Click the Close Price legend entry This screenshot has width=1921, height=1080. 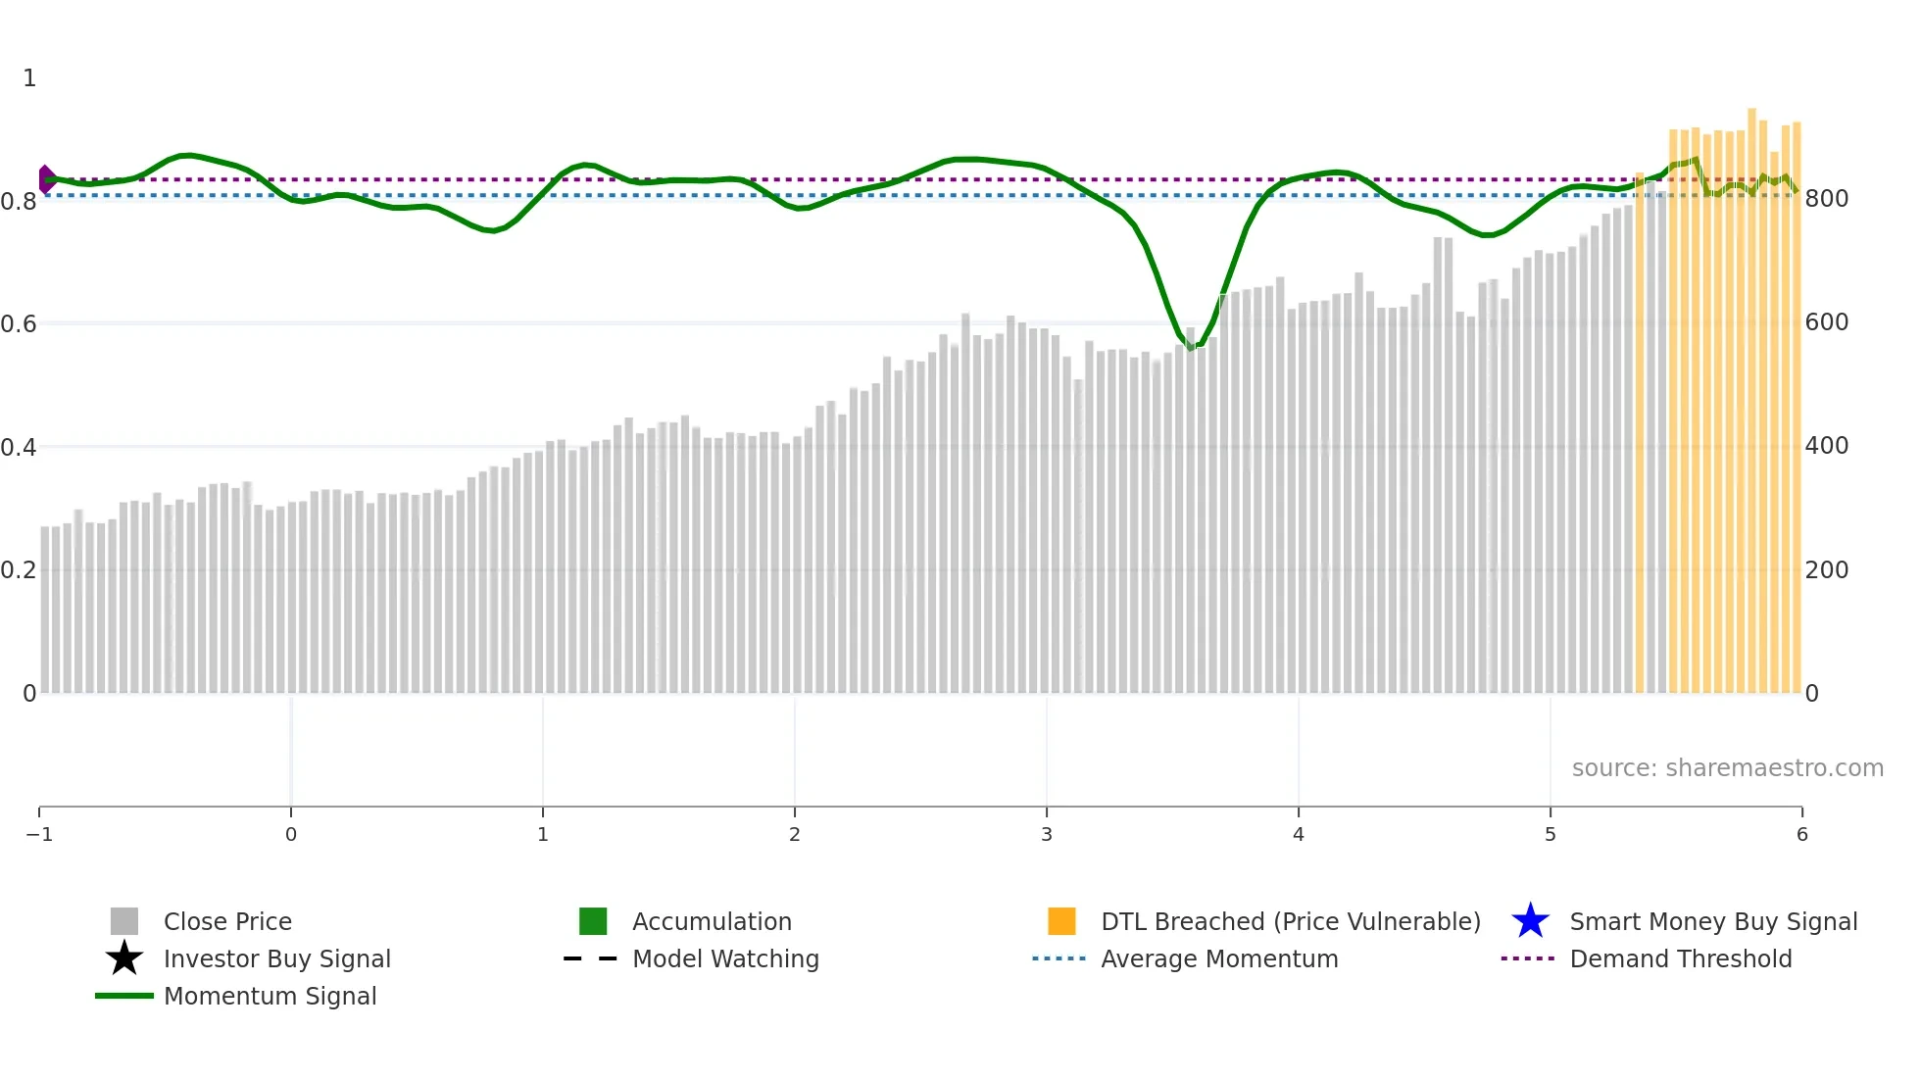(226, 921)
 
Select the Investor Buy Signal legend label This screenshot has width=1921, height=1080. (276, 958)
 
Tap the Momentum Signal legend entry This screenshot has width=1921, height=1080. (270, 996)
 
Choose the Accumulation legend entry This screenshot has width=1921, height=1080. (712, 921)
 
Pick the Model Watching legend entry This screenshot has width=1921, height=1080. (725, 958)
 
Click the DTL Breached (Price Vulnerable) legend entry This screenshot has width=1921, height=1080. (1290, 921)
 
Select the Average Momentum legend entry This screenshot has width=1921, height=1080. (1218, 958)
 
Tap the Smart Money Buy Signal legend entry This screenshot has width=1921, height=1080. (1713, 921)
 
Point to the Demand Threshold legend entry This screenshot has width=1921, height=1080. (1680, 958)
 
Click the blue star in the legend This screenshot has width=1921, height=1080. (1530, 921)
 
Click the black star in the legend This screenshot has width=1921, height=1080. (124, 958)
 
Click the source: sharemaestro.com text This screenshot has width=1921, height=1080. (1727, 767)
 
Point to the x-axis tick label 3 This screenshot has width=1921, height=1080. (1047, 834)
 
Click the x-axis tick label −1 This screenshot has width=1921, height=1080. (39, 834)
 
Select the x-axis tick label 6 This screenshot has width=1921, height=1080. (1801, 834)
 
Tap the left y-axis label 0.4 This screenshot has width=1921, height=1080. (19, 447)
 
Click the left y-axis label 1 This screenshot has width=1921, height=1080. (29, 78)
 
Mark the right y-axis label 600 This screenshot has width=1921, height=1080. (1827, 322)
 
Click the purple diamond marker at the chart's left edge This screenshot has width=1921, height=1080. (46, 178)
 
